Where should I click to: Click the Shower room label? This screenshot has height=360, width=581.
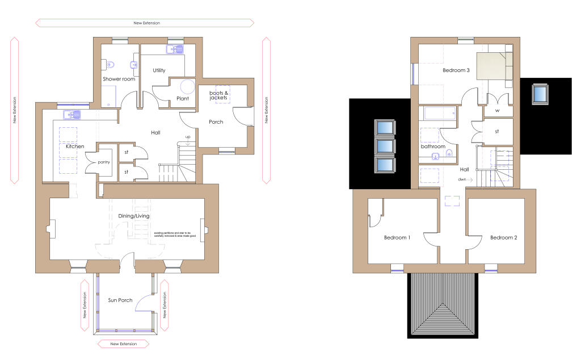click(119, 79)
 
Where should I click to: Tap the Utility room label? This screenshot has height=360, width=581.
click(159, 70)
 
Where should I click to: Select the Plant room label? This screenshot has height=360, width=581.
click(183, 98)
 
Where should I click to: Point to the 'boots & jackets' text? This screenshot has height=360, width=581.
click(218, 95)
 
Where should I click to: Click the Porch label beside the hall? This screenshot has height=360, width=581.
click(216, 122)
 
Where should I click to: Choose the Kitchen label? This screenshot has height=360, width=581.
click(75, 146)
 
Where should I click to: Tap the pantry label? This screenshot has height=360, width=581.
click(103, 162)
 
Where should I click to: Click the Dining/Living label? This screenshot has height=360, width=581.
click(134, 216)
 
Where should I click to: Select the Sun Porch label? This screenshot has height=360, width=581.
click(120, 299)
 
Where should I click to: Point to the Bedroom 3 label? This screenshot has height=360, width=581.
click(456, 71)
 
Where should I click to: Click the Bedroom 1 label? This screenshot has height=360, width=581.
click(397, 237)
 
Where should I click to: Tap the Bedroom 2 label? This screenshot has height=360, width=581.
click(504, 237)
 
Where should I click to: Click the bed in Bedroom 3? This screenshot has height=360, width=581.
click(494, 66)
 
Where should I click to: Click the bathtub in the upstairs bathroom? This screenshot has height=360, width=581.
click(438, 114)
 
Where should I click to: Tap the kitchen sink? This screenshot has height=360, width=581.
click(74, 115)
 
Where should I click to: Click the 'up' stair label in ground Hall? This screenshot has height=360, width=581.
click(188, 137)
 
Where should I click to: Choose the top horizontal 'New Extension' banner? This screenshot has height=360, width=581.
click(145, 23)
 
